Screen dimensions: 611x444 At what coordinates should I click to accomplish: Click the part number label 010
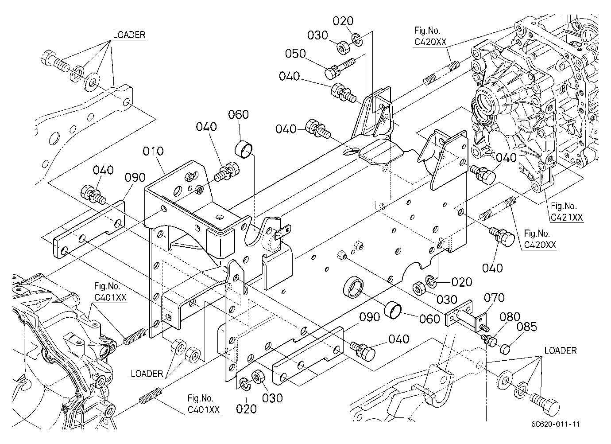tap(153, 151)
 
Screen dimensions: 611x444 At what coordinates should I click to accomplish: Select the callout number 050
tap(295, 54)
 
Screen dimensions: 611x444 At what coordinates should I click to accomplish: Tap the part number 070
tap(494, 298)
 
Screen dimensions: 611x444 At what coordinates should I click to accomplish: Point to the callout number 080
tap(510, 317)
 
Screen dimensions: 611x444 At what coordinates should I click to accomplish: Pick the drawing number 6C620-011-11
tap(556, 424)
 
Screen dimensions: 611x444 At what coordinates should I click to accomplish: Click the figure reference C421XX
tap(567, 218)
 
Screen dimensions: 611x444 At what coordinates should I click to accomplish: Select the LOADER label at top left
tap(129, 35)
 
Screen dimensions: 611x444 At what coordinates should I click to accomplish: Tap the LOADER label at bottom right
tap(561, 351)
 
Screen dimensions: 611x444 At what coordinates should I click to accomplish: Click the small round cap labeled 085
tap(505, 349)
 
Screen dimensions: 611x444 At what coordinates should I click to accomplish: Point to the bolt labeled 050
tap(339, 68)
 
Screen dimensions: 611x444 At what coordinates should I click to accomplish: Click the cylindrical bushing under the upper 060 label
tap(244, 149)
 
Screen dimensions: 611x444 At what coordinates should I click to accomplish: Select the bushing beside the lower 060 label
tap(393, 310)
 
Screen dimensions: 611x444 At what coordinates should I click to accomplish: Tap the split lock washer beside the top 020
tap(357, 39)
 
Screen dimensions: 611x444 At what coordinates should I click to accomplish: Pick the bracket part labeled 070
tap(466, 317)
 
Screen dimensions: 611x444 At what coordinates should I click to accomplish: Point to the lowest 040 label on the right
tap(492, 268)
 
